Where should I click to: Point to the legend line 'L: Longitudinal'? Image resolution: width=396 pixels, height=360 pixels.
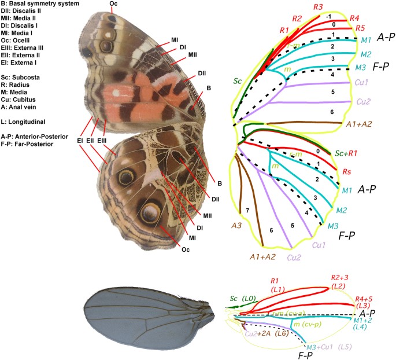click(x=23, y=122)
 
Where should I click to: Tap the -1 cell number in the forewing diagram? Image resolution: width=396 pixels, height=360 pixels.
click(x=327, y=16)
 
